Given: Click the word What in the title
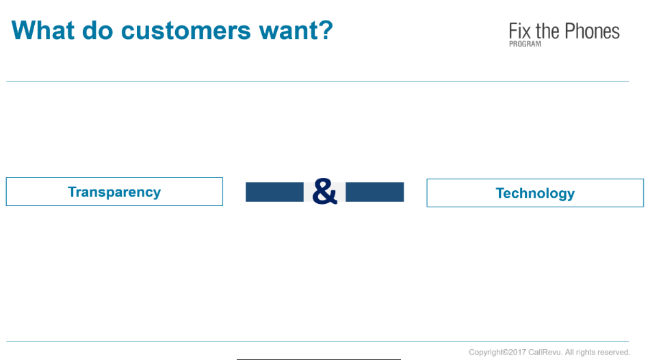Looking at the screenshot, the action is click(x=43, y=30).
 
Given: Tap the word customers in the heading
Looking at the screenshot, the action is click(x=185, y=31).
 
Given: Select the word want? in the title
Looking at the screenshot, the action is click(x=296, y=31).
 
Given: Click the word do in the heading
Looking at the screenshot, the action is click(x=97, y=30).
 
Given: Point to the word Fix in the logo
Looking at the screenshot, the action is click(x=520, y=31).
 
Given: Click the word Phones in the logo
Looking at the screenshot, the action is click(x=592, y=31).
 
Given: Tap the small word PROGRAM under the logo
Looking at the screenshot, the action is click(x=525, y=44).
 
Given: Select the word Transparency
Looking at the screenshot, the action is click(x=114, y=192).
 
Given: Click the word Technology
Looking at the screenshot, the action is click(x=535, y=194).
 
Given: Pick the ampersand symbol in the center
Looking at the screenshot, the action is click(x=324, y=192).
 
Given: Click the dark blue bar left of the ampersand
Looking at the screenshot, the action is click(x=274, y=192).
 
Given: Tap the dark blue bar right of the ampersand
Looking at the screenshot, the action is click(x=375, y=192).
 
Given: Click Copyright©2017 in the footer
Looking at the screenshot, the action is click(x=497, y=352).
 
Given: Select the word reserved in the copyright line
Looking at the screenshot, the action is click(x=612, y=352).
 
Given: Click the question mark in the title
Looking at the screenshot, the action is click(x=326, y=30).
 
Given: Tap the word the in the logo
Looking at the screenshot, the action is click(x=547, y=31).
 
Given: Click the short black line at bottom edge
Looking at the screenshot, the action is click(x=318, y=359).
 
